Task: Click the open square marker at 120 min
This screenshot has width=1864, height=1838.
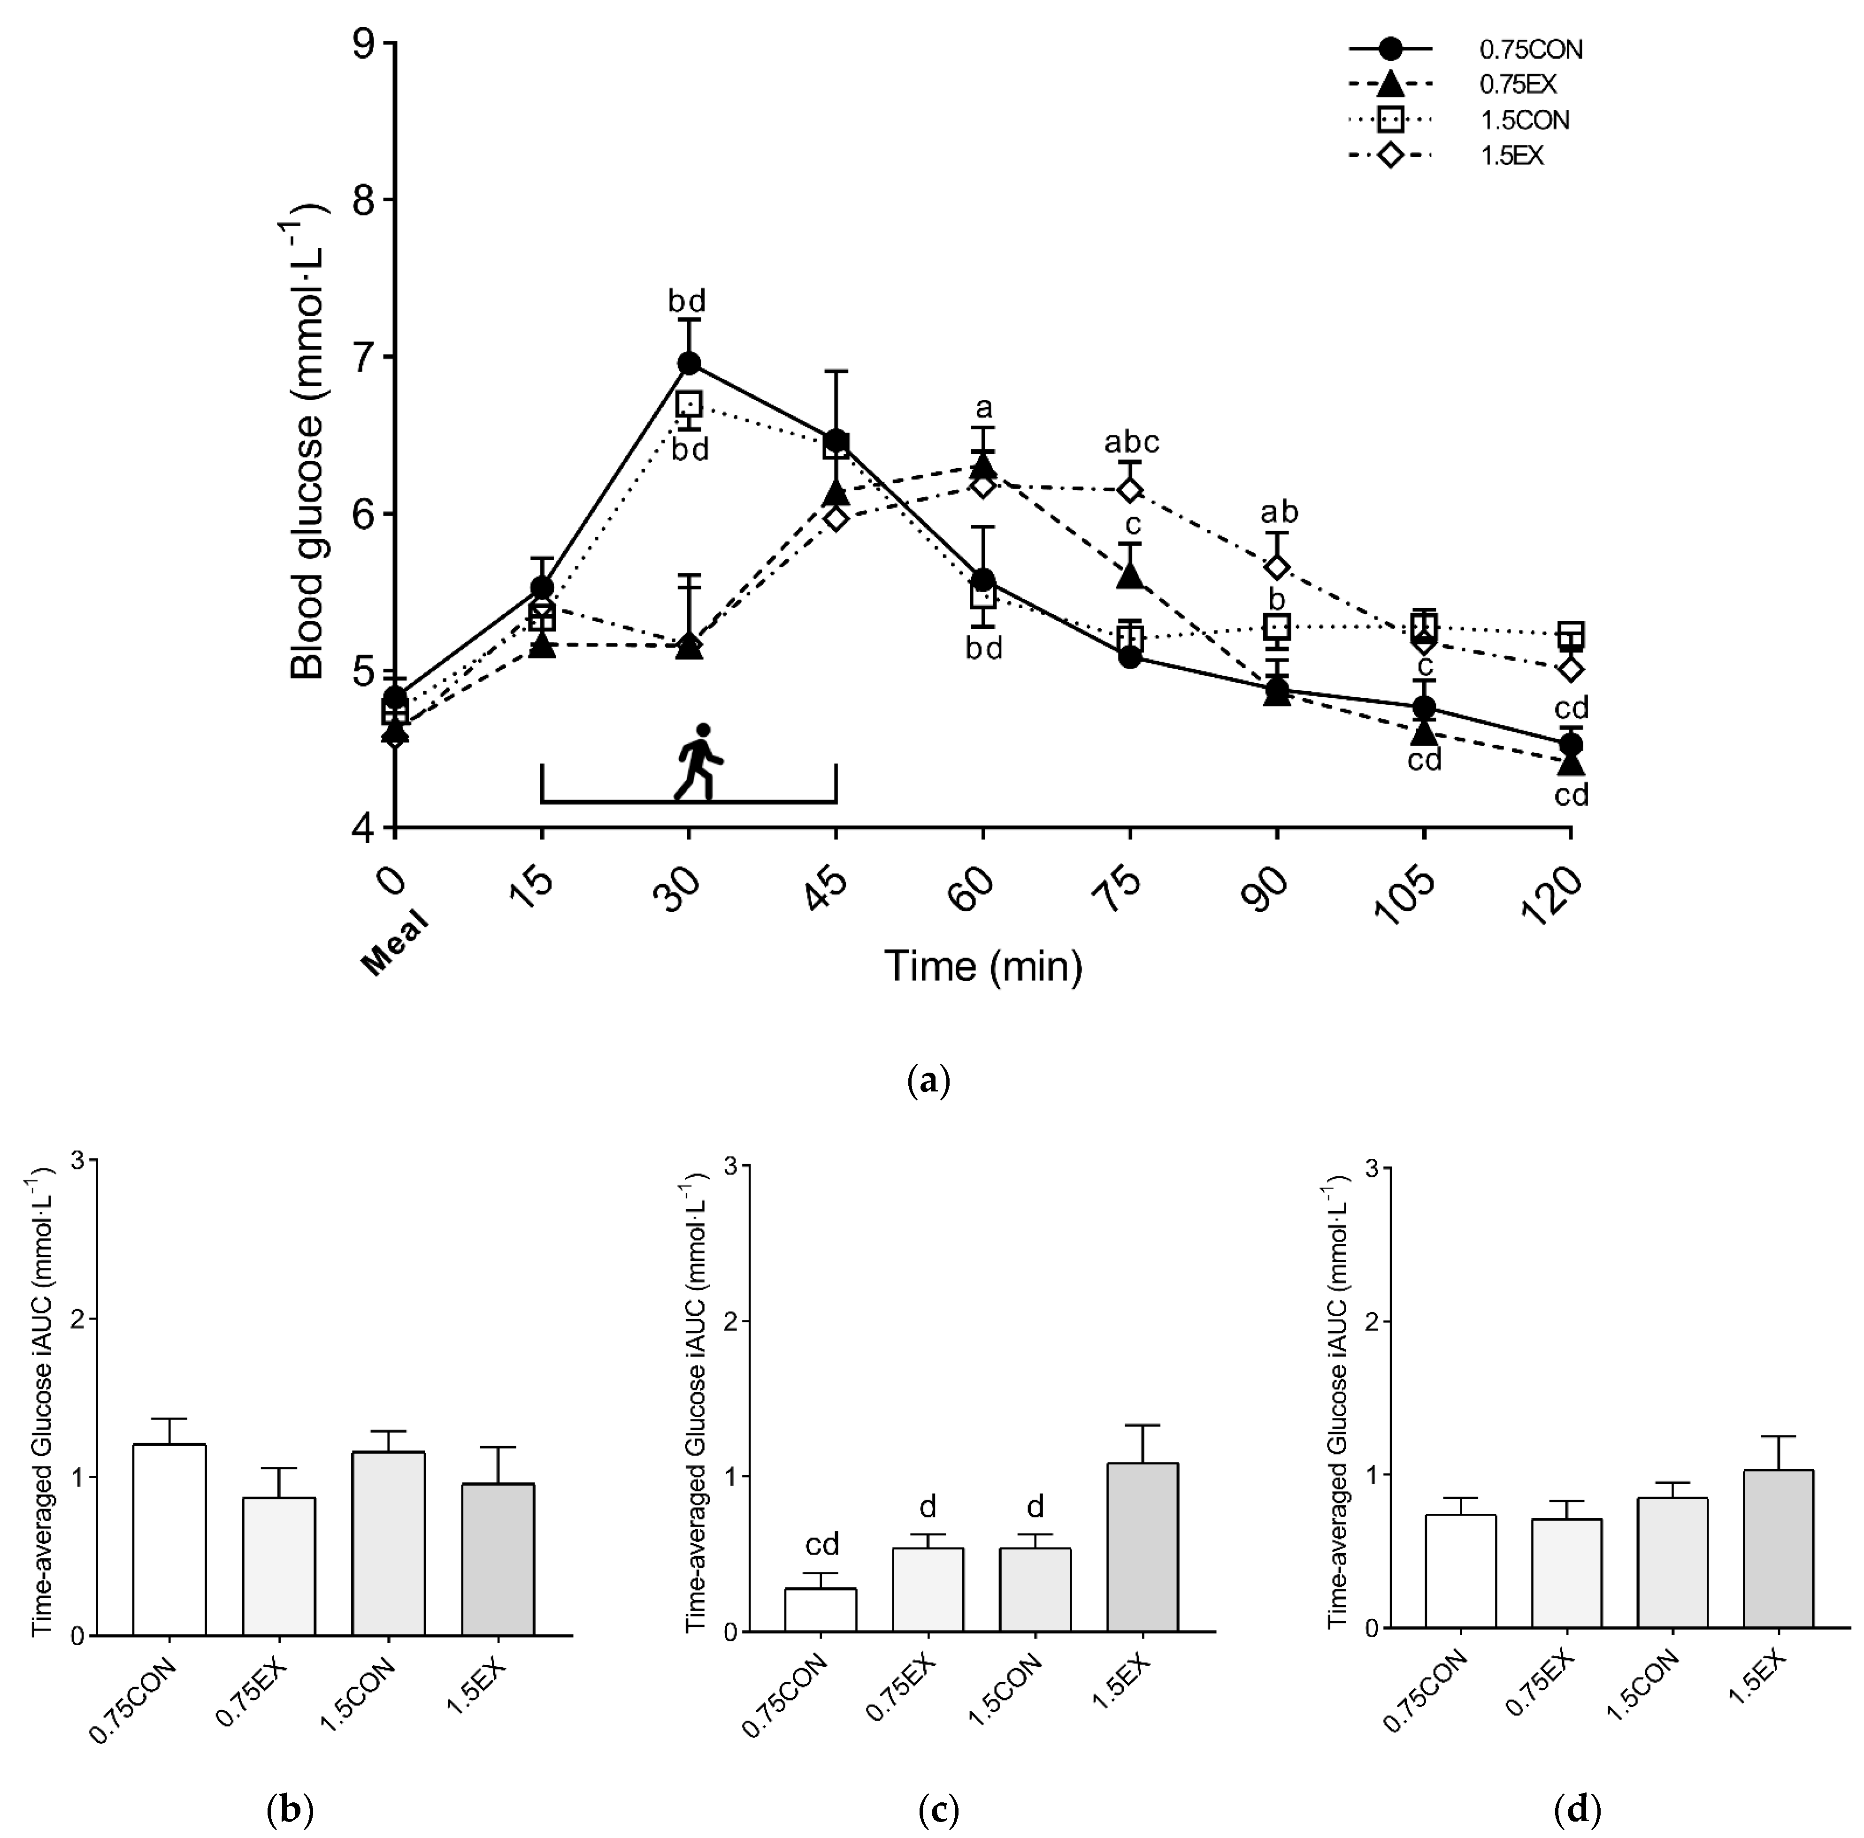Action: coord(1571,634)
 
